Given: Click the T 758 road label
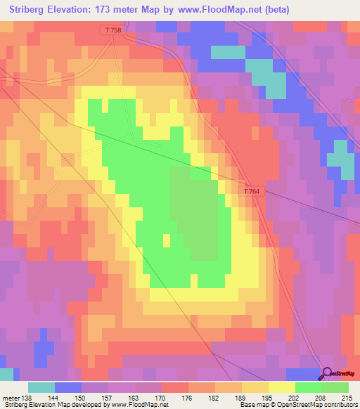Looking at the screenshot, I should [x=112, y=30].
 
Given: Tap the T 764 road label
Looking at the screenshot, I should [x=252, y=192].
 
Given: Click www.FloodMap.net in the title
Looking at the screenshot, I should [x=219, y=10].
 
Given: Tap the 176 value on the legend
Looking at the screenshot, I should [x=188, y=397].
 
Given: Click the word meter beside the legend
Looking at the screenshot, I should [x=11, y=397].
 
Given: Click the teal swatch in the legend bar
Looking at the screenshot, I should [x=41, y=387].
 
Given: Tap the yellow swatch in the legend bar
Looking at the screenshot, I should [x=281, y=387].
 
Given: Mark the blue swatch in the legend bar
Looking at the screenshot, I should [x=67, y=387].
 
